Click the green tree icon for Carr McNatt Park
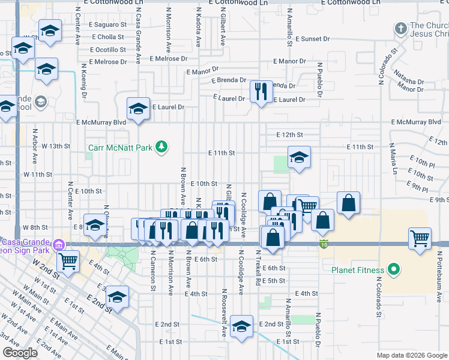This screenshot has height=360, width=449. [161, 146]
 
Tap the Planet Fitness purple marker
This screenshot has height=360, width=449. [394, 269]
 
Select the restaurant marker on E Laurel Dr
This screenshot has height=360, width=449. [261, 92]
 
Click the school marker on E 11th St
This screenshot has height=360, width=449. [299, 158]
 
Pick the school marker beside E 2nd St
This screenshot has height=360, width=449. [241, 326]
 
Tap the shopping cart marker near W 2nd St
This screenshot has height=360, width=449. [68, 261]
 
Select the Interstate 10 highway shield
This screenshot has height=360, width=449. [324, 244]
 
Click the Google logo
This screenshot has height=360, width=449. [20, 353]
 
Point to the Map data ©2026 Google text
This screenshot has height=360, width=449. [412, 355]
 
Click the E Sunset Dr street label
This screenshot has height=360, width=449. [310, 38]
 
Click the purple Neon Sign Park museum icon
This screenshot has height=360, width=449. [58, 244]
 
